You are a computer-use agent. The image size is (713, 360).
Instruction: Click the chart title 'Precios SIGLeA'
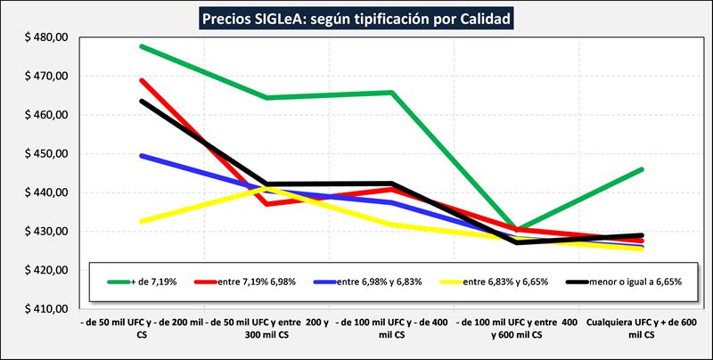pos(356,17)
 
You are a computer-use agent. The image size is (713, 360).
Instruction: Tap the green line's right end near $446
pos(642,169)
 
